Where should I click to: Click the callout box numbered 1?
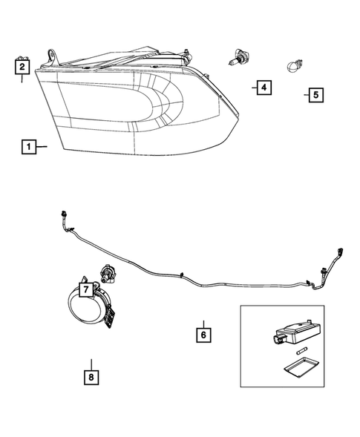(x=28, y=147)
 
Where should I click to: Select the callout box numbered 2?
(x=22, y=67)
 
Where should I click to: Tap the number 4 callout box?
(x=262, y=88)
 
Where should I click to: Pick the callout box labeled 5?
(x=315, y=95)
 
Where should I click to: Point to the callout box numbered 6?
(x=202, y=334)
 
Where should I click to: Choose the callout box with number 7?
(x=85, y=288)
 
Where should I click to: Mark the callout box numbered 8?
(x=91, y=378)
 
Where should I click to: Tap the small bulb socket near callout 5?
(x=293, y=67)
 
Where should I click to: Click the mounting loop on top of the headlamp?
(x=54, y=56)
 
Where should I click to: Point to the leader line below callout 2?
(x=22, y=79)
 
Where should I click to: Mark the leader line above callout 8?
(x=91, y=364)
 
